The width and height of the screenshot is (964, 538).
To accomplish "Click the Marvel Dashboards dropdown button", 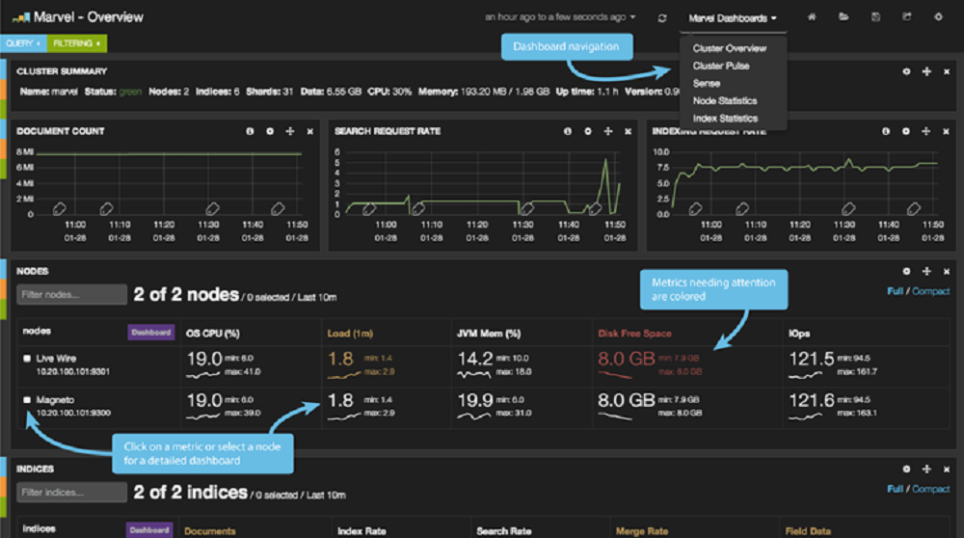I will (733, 17).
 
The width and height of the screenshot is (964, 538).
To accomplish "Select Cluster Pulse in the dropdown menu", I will (720, 66).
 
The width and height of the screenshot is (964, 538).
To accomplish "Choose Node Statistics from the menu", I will (724, 100).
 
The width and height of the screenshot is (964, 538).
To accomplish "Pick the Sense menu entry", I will (706, 83).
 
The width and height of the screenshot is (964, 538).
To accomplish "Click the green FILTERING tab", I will (75, 43).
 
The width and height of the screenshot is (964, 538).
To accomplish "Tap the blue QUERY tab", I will (22, 43).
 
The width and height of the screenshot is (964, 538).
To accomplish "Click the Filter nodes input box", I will (72, 294).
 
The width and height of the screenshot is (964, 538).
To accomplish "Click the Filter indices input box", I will (72, 493).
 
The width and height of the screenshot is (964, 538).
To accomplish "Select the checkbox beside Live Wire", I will (26, 359).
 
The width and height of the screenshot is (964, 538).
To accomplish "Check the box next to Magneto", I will (26, 399).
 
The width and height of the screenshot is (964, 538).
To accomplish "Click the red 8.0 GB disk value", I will (627, 360).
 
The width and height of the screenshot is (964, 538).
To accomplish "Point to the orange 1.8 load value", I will (340, 360).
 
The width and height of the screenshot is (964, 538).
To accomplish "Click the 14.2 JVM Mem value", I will (473, 360).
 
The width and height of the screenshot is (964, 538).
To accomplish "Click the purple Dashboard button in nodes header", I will (150, 333).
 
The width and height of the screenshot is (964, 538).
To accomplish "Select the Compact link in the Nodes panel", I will (930, 291).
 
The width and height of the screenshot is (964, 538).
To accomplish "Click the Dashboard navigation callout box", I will (566, 46).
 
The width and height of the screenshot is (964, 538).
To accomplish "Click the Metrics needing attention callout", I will (713, 289).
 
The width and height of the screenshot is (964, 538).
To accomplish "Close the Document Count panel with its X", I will (309, 131).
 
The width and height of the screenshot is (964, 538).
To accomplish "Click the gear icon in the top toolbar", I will (938, 17).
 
